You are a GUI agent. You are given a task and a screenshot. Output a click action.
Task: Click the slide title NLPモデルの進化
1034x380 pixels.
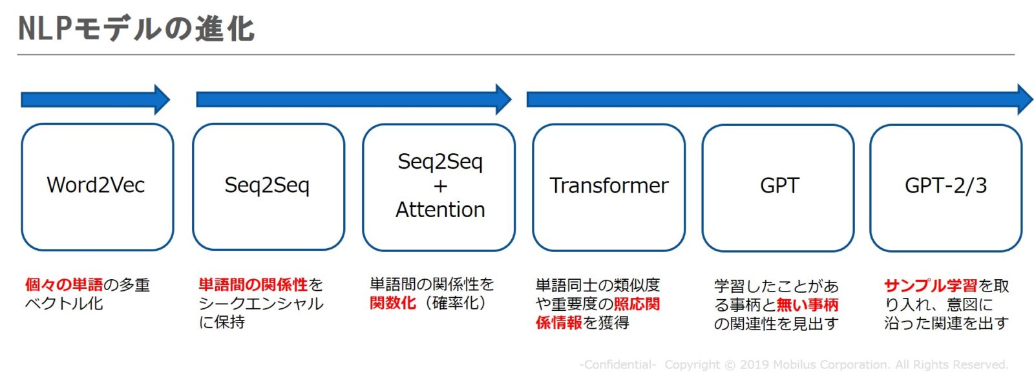click(x=136, y=28)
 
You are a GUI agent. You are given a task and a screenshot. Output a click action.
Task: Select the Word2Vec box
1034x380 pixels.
click(x=98, y=187)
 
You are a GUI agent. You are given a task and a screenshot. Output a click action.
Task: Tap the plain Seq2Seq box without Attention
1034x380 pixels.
click(x=269, y=187)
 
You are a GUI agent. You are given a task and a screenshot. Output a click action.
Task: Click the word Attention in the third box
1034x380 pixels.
click(x=440, y=209)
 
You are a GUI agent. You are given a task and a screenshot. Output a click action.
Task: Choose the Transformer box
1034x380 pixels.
click(x=609, y=187)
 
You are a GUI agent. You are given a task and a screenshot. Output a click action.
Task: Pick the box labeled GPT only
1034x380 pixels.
click(x=778, y=187)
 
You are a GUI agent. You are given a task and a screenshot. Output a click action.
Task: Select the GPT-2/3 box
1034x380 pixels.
click(x=946, y=187)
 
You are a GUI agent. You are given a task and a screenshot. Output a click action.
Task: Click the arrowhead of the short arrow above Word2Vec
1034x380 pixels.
click(x=162, y=100)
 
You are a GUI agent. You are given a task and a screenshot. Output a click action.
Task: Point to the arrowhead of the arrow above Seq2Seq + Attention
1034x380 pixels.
click(x=503, y=100)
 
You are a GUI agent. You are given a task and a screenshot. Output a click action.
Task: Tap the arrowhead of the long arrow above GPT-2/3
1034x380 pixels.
click(x=1025, y=100)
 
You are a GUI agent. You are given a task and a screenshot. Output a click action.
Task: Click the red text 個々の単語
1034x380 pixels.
click(x=64, y=284)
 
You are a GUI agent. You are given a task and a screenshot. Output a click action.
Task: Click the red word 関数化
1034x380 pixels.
click(x=393, y=303)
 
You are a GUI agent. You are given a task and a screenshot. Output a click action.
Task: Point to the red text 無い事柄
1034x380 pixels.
click(x=807, y=305)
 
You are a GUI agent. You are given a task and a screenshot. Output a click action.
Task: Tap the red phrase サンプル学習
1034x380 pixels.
click(x=931, y=286)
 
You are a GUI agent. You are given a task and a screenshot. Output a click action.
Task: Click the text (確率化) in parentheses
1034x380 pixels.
click(x=455, y=303)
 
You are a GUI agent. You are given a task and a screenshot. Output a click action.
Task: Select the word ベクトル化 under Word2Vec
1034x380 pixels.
click(x=64, y=303)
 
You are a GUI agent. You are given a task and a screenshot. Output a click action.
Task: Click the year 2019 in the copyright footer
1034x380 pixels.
click(x=754, y=364)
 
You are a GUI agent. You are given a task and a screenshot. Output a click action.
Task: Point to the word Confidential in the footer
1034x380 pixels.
click(x=618, y=364)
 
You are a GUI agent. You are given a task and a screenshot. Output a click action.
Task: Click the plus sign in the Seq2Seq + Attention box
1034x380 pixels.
click(x=440, y=186)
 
